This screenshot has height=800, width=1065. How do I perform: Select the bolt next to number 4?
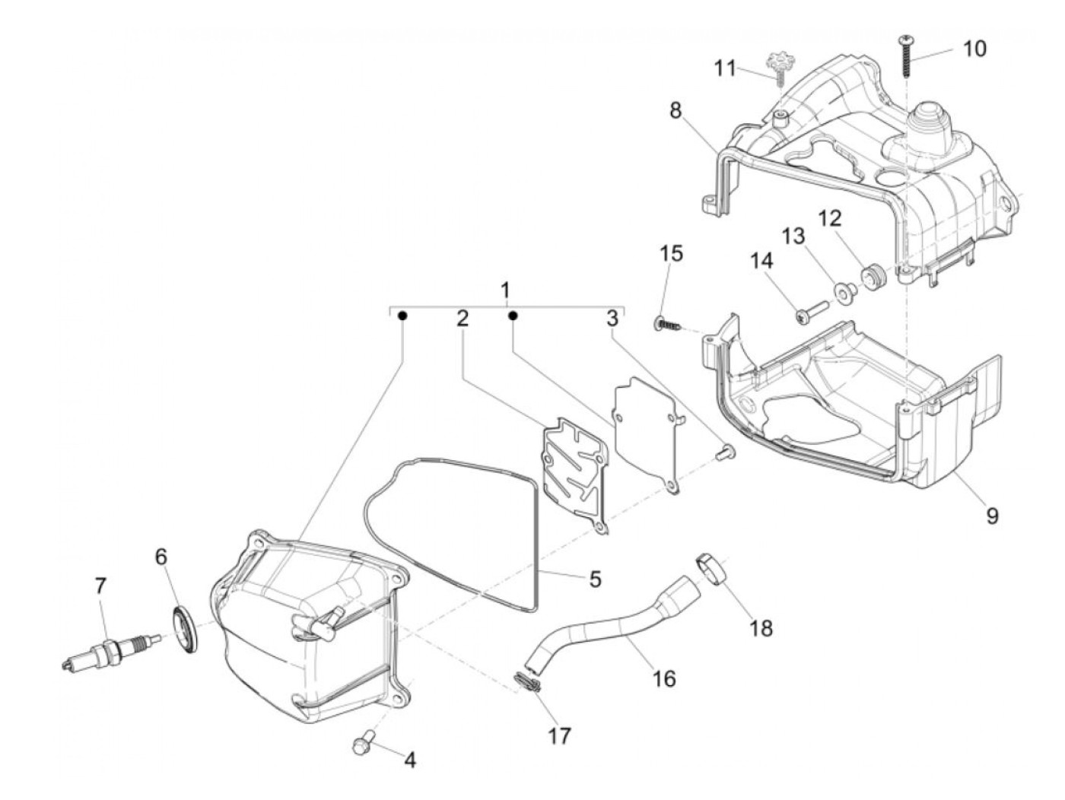[364, 741]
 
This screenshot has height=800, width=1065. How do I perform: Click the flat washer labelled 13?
[843, 292]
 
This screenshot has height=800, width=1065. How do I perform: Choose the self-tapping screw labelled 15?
[666, 324]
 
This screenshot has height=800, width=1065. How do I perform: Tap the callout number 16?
[663, 677]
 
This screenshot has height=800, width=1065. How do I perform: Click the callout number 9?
[992, 516]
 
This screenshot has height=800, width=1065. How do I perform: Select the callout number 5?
[595, 579]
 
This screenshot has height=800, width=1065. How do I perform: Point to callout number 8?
[676, 110]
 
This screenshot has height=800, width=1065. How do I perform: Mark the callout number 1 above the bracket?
[505, 290]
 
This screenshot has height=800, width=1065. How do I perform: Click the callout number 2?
[462, 319]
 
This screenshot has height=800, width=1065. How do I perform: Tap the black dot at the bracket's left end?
[404, 315]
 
